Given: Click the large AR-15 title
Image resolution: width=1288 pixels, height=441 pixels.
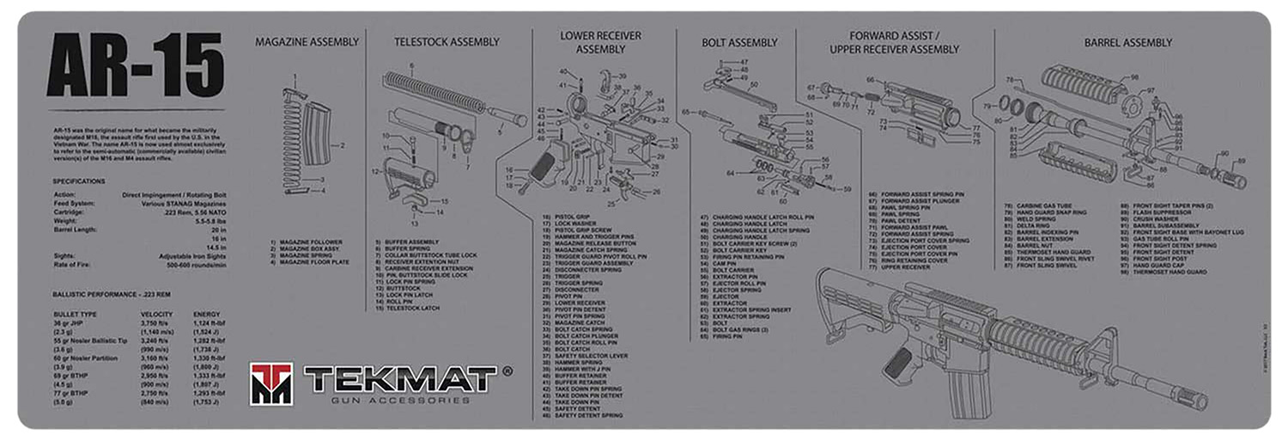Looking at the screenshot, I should tap(135, 65).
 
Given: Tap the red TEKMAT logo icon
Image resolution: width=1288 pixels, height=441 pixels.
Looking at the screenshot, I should tap(271, 383).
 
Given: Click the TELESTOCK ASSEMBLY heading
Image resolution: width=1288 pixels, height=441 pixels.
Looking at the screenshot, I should tap(447, 42).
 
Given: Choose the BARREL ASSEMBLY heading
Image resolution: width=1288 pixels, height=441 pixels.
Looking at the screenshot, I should tap(1127, 42).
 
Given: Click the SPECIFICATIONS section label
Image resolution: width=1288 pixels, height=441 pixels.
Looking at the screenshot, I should tap(79, 181).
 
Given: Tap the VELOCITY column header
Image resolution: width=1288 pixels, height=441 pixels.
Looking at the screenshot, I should tap(157, 314).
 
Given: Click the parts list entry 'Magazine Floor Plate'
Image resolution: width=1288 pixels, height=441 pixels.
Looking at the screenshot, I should tap(313, 261).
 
